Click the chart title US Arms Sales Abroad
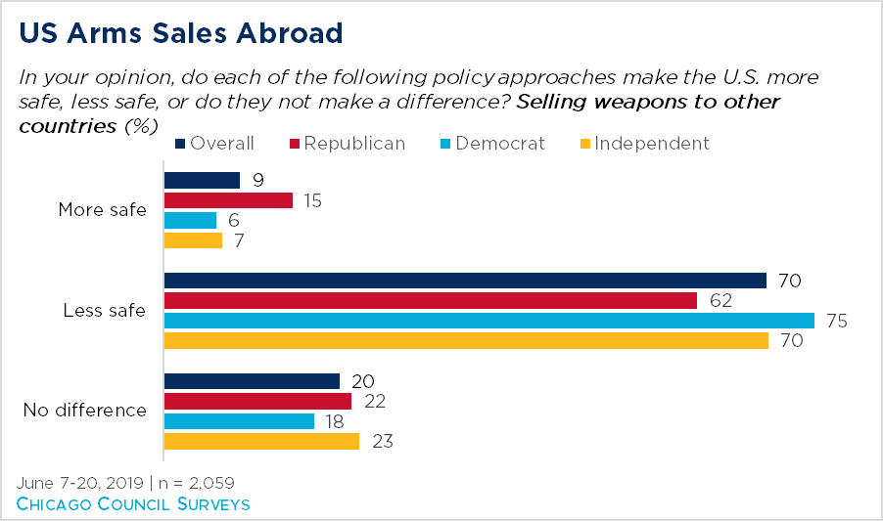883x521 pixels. click(181, 33)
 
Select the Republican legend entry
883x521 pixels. click(348, 144)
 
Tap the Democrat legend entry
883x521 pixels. click(492, 144)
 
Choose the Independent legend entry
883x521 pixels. click(645, 144)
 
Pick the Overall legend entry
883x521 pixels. click(214, 144)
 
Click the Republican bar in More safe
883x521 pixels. click(229, 200)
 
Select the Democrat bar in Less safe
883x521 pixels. click(489, 321)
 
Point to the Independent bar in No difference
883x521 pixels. click(261, 441)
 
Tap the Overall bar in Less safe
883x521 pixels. click(465, 281)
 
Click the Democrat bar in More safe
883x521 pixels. click(190, 220)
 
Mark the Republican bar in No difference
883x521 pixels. click(257, 402)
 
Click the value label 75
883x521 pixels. click(837, 321)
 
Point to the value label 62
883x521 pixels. click(720, 301)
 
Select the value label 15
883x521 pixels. click(312, 200)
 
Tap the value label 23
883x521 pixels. click(383, 441)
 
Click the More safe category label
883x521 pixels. click(103, 209)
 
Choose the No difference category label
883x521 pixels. click(85, 411)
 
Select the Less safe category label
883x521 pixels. click(104, 310)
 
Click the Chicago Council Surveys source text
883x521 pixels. click(133, 504)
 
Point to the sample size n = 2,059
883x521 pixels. click(197, 483)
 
